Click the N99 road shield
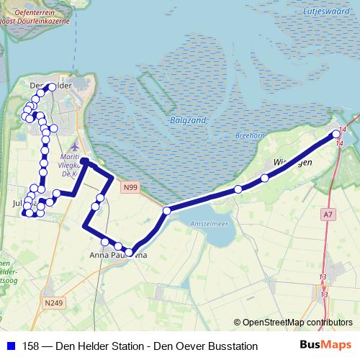point(130,188)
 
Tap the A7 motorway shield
point(328,214)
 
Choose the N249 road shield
point(49,302)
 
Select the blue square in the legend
point(10,346)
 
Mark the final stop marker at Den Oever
point(336,135)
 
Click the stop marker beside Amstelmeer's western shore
point(166,211)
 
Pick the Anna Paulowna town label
point(118,255)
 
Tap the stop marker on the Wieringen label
point(265,178)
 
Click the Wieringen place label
point(293,162)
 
